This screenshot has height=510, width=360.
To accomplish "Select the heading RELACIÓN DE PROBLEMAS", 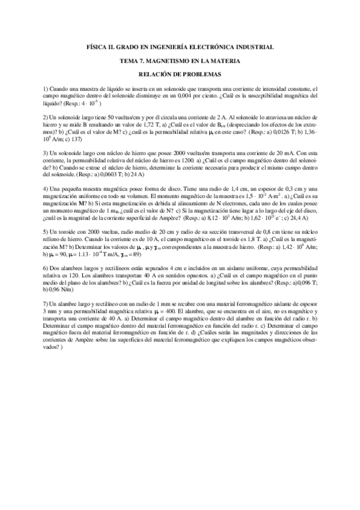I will pos(180,74).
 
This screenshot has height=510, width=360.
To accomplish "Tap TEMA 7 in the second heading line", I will pos(135,61).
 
